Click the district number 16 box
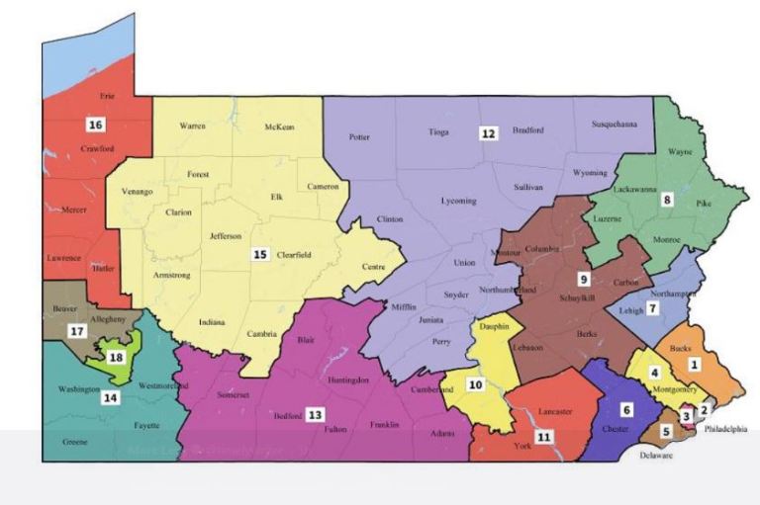(95, 125)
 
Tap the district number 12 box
(488, 132)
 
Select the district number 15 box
(260, 254)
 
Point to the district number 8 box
(667, 200)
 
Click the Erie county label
(107, 97)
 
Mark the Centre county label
(373, 267)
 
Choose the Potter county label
(359, 137)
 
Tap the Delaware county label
(654, 456)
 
